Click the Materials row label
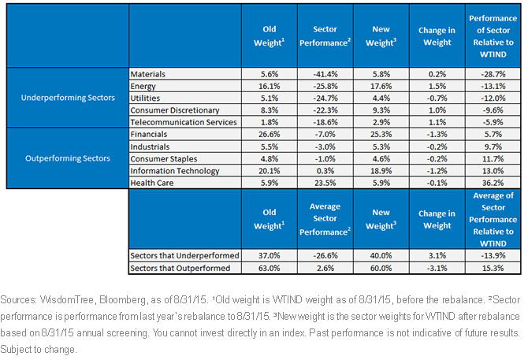coord(148,74)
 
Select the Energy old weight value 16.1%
coord(269,86)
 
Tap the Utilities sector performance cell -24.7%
coord(325,98)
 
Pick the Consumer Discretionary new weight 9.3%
coord(381,110)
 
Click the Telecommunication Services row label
coord(184,122)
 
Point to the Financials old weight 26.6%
coord(269,134)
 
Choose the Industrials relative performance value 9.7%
coord(493,147)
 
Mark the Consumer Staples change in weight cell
coord(437,159)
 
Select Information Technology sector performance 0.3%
coord(325,171)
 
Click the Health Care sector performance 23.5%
coord(325,183)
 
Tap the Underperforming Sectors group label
coord(68,98)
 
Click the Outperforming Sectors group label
coord(68,158)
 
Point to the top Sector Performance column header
coord(325,36)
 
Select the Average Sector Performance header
coord(325,219)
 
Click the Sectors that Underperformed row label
coord(184,255)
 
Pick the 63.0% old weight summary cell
coord(269,268)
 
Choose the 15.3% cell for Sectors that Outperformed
coord(493,268)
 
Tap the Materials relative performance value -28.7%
coord(493,74)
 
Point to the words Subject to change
coord(39,349)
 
